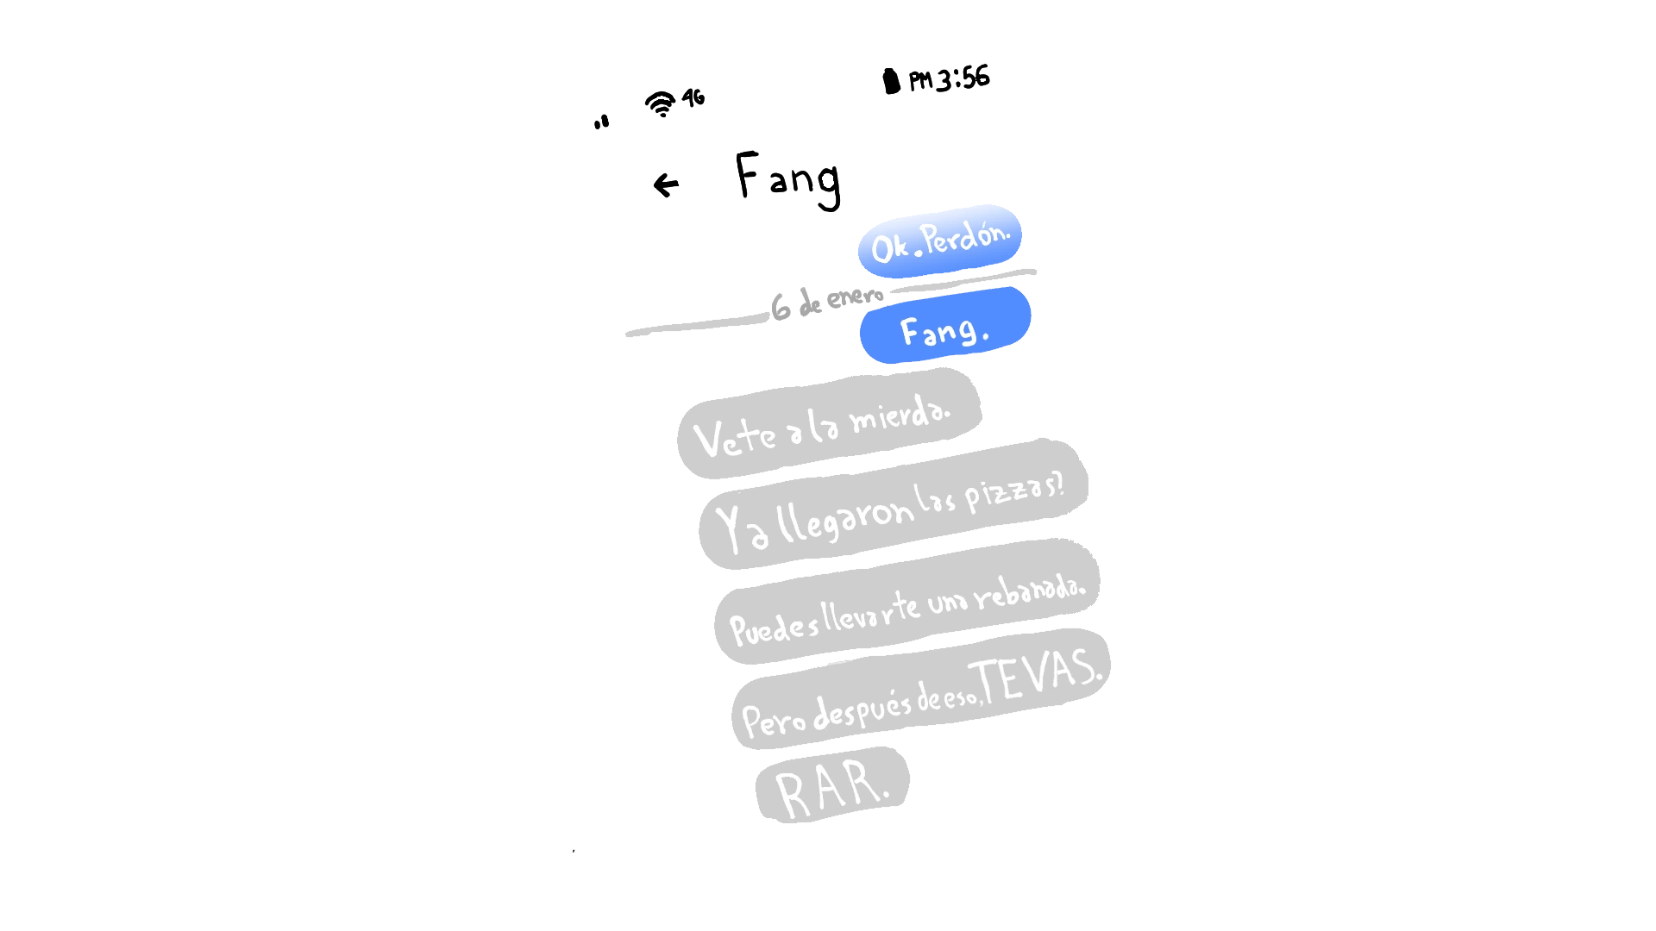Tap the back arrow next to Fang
(666, 184)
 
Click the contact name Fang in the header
(787, 178)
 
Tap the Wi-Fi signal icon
(661, 103)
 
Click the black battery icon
(892, 81)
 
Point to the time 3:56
(963, 78)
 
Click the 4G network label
(693, 97)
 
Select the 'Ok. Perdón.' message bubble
(940, 241)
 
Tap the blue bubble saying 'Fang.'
(945, 327)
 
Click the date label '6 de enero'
(827, 302)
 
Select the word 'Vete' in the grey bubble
(735, 437)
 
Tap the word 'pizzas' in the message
(1013, 492)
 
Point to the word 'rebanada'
(1030, 591)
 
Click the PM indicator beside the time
(920, 81)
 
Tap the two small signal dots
(601, 122)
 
